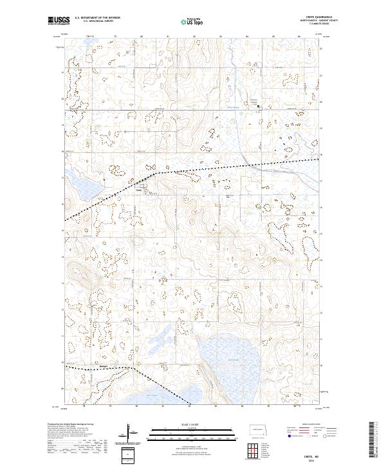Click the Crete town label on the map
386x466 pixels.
[138, 190]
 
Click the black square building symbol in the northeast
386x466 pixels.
[259, 106]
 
